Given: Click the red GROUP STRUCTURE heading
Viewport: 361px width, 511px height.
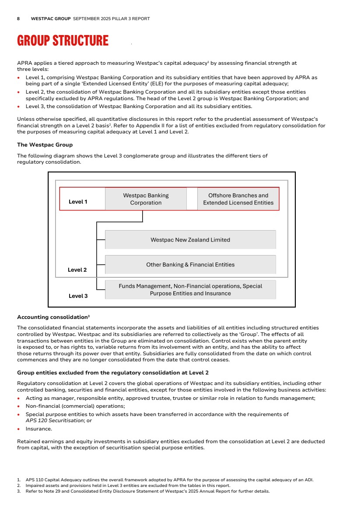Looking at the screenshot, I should coord(63,41).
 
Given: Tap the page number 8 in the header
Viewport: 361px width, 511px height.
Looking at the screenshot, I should coord(18,19).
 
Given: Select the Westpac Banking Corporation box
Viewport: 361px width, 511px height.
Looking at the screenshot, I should coord(146,199).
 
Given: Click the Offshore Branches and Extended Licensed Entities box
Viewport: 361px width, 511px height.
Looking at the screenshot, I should coord(238,199).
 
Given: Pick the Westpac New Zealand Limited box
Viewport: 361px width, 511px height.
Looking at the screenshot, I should coord(190,240).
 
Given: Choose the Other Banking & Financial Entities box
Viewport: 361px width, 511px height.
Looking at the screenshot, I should coord(190,265).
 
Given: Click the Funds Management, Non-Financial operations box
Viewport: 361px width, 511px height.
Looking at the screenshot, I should coord(190,290).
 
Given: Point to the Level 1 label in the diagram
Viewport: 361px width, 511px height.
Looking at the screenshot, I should coord(78,202).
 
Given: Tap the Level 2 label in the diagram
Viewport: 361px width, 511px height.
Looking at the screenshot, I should coord(77,270).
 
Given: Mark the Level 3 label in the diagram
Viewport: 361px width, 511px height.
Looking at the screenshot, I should coord(78,296).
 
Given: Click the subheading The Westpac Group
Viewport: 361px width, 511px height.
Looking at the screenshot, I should coord(45,145).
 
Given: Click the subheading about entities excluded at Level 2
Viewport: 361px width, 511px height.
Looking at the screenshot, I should coord(112,373).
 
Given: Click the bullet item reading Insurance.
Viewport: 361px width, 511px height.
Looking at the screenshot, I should coord(39,429).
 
